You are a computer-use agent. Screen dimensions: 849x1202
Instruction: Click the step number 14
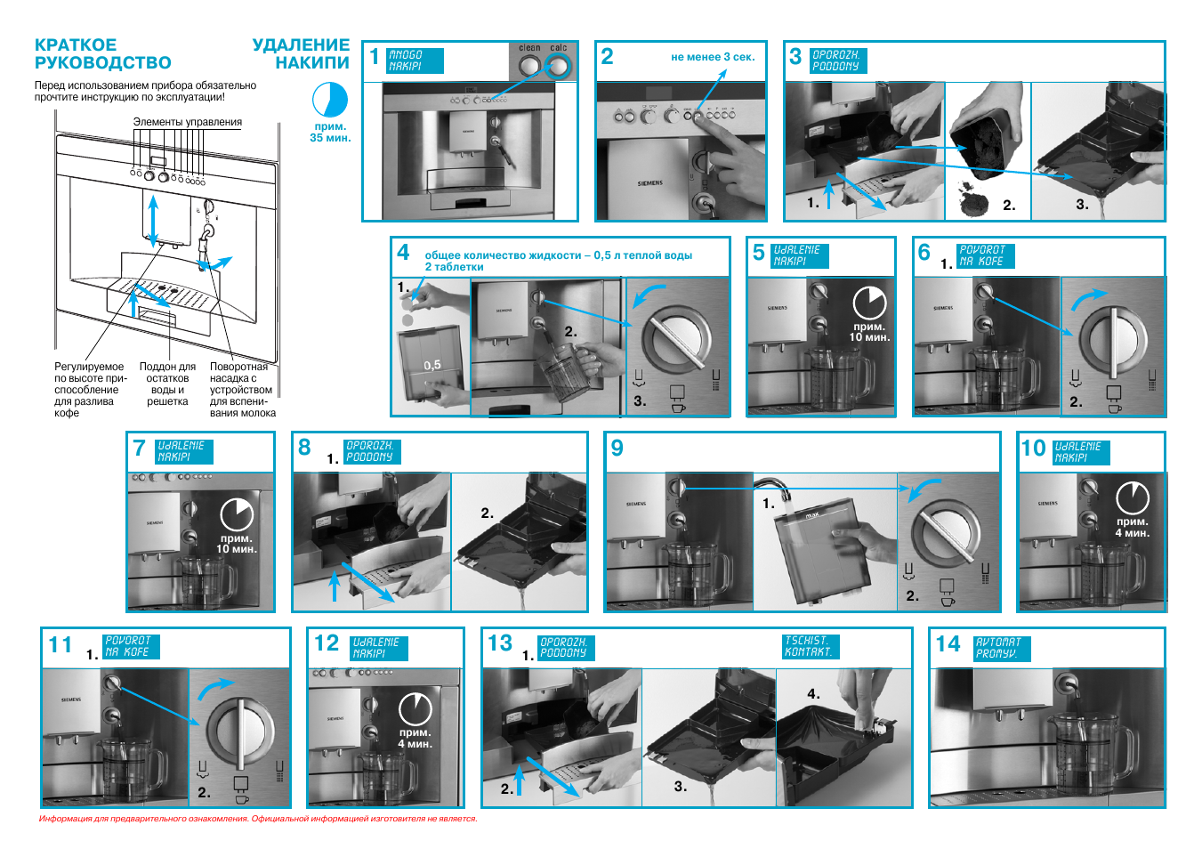[948, 643]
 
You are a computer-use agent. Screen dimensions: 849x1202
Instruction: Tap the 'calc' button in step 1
[558, 65]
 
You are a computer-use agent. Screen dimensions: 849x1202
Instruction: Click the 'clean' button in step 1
[529, 65]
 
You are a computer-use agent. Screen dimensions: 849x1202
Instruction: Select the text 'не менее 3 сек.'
[713, 57]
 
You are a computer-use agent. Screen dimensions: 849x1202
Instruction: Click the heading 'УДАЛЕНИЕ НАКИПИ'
[301, 53]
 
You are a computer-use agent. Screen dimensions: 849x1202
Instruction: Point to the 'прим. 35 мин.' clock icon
[330, 100]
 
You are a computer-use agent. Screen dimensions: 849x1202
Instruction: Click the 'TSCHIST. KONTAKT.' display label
[807, 646]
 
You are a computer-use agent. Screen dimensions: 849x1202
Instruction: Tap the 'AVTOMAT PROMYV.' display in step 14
[1001, 647]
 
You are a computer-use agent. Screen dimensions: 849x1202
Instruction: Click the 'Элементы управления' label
[187, 122]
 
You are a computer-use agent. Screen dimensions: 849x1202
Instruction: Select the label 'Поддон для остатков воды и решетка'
[167, 384]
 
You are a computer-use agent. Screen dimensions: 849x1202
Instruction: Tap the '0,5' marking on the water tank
[432, 365]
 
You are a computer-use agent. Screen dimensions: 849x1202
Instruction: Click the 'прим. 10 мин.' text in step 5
[868, 332]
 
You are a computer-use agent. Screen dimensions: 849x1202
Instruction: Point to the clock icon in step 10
[1132, 497]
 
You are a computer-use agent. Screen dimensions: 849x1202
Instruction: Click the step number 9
[617, 448]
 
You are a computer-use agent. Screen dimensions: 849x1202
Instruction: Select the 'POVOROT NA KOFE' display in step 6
[985, 256]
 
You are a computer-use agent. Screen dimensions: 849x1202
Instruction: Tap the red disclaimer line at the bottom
[258, 819]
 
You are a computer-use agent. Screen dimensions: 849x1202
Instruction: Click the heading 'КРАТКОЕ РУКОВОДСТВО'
[102, 53]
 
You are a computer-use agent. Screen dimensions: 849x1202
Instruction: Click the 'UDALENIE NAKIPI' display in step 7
[183, 451]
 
